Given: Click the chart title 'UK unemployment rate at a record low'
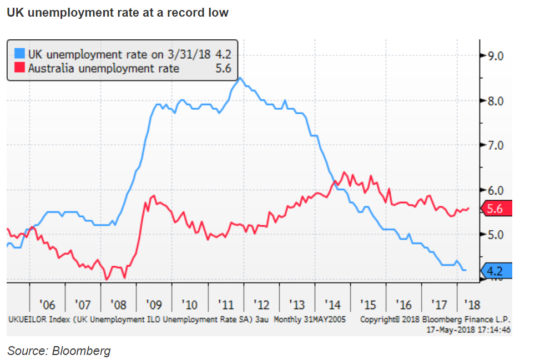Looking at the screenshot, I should [118, 12].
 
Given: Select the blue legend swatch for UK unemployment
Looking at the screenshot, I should [19, 54].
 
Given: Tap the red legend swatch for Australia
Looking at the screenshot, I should [19, 68].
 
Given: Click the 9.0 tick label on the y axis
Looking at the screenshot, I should [494, 55].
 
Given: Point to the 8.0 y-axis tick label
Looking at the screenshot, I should [494, 101].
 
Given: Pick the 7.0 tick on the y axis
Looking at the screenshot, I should [494, 145].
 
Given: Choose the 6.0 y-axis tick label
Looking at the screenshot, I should [494, 190].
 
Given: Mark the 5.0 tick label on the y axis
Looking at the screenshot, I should [494, 234].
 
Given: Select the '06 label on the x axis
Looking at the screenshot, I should [48, 305].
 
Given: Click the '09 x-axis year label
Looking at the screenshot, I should [154, 305].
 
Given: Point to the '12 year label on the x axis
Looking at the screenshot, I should [261, 305].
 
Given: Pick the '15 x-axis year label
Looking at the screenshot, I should [368, 305].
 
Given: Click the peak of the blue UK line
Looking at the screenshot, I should [239, 78].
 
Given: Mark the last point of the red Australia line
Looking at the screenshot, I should [469, 209].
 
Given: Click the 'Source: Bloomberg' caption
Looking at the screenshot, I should [59, 351].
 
